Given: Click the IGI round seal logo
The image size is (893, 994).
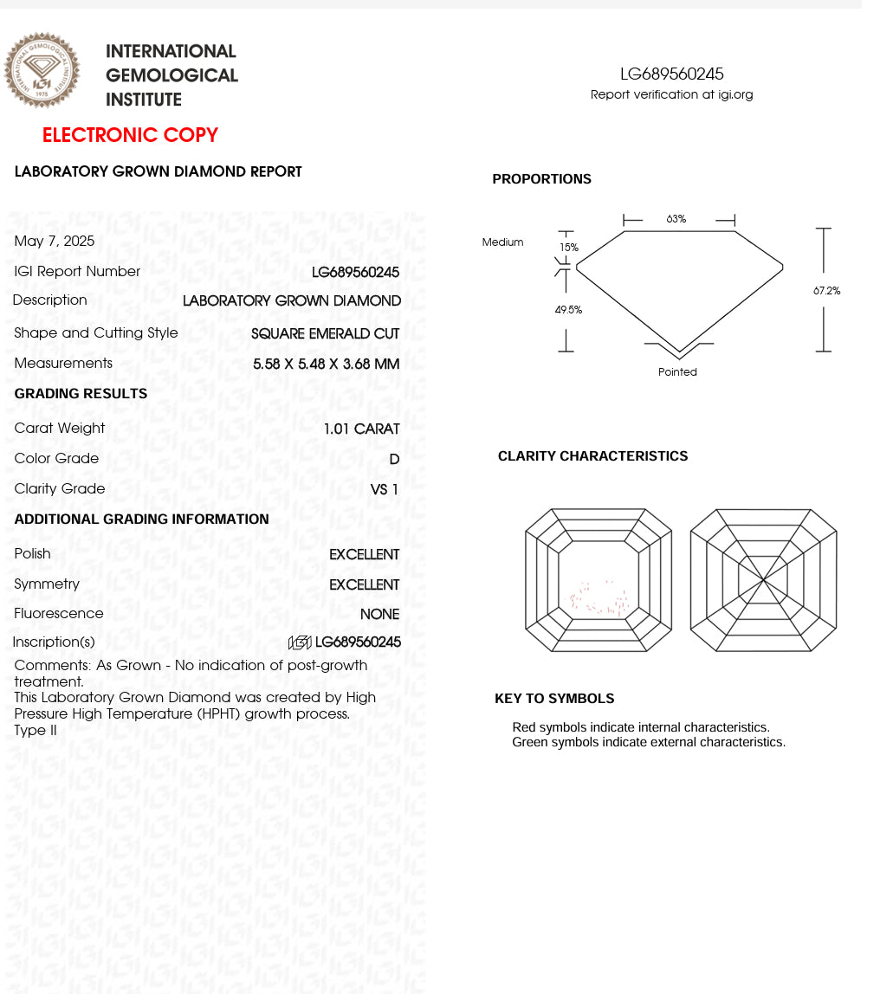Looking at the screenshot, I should pos(42,70).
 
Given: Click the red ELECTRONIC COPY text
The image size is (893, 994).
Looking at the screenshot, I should pos(130,135).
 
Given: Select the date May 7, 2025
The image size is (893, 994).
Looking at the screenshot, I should pos(55,242).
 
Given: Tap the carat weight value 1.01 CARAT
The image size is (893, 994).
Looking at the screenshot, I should pos(361,429).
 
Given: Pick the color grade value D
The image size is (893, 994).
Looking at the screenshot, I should pos(394,459).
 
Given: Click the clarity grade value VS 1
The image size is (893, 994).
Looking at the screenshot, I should pos(384,489).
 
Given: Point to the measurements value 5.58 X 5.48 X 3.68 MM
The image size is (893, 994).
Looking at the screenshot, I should pos(326,364).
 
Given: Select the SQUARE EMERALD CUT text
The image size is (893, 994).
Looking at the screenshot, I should pos(325,333).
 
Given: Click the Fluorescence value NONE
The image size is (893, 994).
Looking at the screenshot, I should pos(379,614).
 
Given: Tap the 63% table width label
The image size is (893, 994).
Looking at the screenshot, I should pos(676,219).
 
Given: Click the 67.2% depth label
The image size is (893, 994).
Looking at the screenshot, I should pos(826,291).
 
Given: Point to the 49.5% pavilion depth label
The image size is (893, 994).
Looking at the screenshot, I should pos(568,310).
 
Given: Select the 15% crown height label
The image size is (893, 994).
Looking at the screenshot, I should pos(568,247).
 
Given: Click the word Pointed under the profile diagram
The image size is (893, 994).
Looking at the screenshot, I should pos(677,372).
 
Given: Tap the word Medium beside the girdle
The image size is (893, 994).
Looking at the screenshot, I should pos(502,242).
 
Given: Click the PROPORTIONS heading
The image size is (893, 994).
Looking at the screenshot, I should pos(541,179).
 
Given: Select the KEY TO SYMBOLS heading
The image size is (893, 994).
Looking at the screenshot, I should pos(554,699).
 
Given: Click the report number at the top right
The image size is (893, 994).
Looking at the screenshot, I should pos(671,74).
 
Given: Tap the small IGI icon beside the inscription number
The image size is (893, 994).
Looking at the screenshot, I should pos(300,642).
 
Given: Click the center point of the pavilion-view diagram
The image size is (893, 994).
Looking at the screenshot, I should pos(763,580).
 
